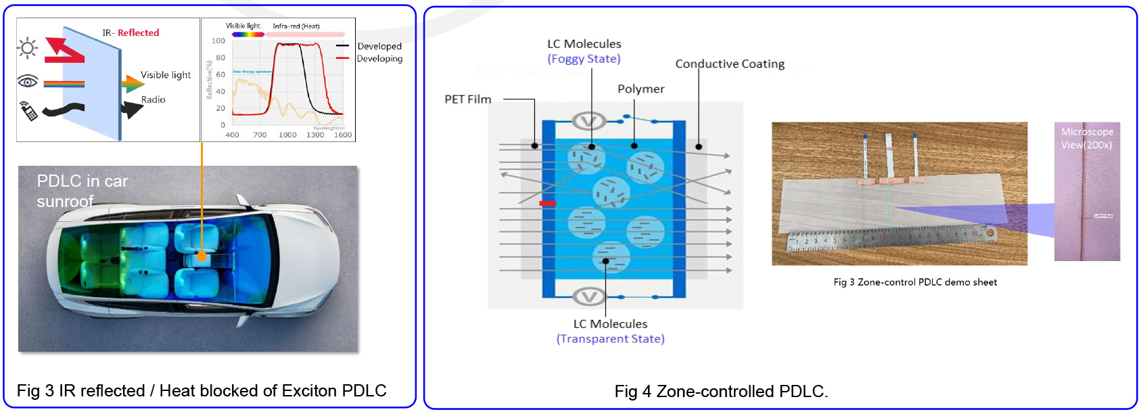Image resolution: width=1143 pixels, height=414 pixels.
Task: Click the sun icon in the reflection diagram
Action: (x=28, y=48)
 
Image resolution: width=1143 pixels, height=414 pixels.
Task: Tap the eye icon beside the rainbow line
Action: (x=28, y=82)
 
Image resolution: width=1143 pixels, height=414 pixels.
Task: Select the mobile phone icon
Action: (x=28, y=111)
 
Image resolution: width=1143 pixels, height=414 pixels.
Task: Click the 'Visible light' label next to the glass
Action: (x=166, y=75)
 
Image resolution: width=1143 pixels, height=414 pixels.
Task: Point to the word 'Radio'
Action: (x=154, y=99)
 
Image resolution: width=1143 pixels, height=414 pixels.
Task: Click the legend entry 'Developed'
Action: (x=379, y=46)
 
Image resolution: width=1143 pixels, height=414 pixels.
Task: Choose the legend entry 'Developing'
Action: (x=379, y=59)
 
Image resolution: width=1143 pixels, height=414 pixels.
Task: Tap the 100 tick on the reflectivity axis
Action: (x=218, y=41)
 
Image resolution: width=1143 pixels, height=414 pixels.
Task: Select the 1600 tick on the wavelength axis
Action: (x=343, y=135)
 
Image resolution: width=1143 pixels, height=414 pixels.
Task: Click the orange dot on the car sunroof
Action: (x=202, y=256)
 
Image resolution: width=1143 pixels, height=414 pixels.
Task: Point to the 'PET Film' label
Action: (x=467, y=99)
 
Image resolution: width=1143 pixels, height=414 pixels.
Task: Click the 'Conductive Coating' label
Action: (x=730, y=64)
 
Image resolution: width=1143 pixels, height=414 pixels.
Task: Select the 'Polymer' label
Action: (x=640, y=89)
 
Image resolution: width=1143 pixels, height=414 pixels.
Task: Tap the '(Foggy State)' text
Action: (x=584, y=59)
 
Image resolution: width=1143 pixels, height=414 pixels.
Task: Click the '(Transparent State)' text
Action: (x=610, y=339)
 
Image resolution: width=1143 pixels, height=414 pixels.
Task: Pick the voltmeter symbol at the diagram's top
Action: (x=588, y=122)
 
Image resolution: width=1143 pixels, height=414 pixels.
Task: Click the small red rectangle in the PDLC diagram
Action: (x=547, y=203)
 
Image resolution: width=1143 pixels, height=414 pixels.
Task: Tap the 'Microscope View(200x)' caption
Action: (x=1086, y=139)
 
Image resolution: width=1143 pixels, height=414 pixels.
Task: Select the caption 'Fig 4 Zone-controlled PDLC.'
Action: (x=721, y=392)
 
